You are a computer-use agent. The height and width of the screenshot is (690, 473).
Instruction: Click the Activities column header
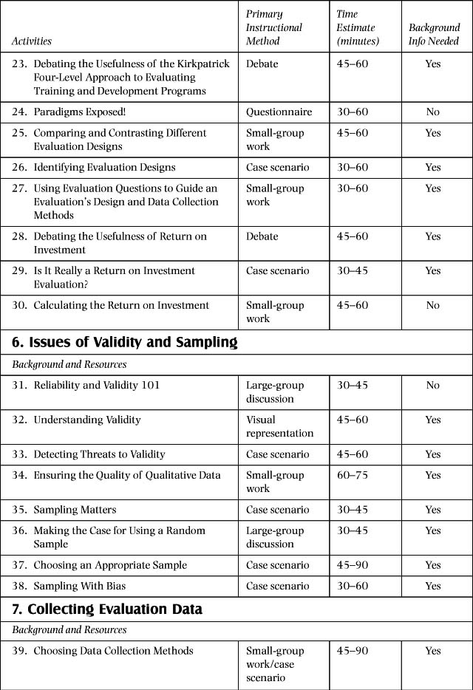[x=32, y=41]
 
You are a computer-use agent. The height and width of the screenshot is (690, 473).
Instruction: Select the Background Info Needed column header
[x=434, y=35]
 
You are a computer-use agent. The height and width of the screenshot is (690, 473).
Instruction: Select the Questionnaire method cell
[x=279, y=112]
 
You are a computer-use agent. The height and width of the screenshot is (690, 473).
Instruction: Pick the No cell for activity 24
[x=433, y=112]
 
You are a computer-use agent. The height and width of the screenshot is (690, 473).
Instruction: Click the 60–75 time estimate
[x=352, y=475]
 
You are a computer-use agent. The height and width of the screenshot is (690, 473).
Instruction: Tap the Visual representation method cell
[x=279, y=426]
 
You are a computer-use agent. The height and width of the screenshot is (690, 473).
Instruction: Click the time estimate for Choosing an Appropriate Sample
[x=352, y=565]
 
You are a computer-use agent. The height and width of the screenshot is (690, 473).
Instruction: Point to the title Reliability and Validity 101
[x=96, y=385]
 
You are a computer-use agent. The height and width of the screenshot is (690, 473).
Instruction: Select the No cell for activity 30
[x=433, y=305]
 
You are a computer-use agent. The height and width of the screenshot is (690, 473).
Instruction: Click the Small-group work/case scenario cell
[x=274, y=664]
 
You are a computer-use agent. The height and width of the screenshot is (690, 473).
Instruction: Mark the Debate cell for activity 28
[x=262, y=236]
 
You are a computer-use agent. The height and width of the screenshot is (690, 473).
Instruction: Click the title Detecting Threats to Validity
[x=99, y=454]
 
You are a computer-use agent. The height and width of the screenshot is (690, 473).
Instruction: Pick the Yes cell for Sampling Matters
[x=433, y=510]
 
